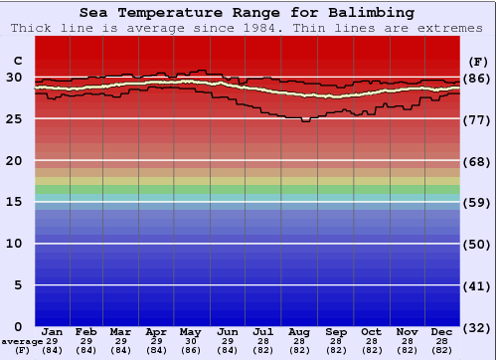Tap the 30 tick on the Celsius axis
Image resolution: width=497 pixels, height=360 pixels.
click(14, 78)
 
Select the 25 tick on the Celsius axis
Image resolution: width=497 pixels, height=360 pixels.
click(14, 119)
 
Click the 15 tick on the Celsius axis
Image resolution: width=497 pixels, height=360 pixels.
click(14, 202)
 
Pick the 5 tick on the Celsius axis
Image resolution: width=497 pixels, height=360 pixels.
click(18, 285)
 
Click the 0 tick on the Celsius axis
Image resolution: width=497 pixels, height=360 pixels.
click(18, 326)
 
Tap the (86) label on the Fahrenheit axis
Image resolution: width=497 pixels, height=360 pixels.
click(477, 78)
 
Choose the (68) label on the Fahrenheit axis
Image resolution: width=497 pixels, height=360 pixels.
click(477, 161)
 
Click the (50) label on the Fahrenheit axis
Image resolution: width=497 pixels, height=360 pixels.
click(477, 244)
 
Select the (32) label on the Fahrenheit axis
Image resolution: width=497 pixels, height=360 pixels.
click(477, 326)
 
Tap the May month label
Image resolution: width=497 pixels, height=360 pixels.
click(191, 332)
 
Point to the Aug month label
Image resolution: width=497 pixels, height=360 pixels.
click(298, 332)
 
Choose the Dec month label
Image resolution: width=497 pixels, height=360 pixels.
click(442, 332)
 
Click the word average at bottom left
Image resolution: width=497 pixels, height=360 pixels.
click(22, 341)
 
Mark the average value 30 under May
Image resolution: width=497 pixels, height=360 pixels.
click(191, 341)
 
